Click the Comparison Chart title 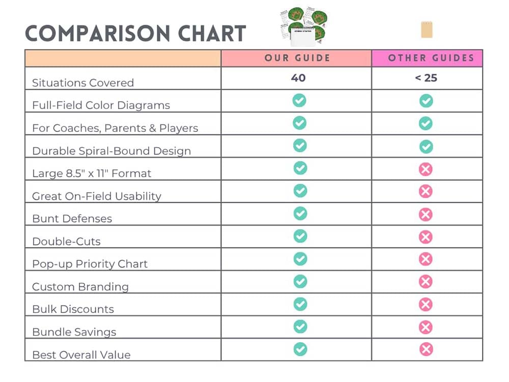click(x=135, y=33)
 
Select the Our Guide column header click(x=297, y=58)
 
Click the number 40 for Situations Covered click(x=299, y=78)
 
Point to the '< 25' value click(x=426, y=78)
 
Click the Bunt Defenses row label click(x=72, y=219)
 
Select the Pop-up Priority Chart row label click(x=90, y=264)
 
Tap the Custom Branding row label click(x=80, y=287)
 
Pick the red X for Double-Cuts click(x=426, y=237)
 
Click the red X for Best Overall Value click(x=426, y=349)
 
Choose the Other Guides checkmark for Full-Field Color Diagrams click(x=426, y=101)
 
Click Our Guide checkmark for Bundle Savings click(x=300, y=326)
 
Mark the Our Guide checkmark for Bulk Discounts click(x=300, y=304)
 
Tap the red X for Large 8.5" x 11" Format click(x=426, y=169)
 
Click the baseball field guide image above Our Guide click(x=303, y=25)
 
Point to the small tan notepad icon click(x=427, y=30)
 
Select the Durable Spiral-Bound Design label click(x=111, y=151)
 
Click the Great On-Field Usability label click(x=96, y=196)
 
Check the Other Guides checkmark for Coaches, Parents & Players click(x=426, y=123)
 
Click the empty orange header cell click(x=123, y=58)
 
